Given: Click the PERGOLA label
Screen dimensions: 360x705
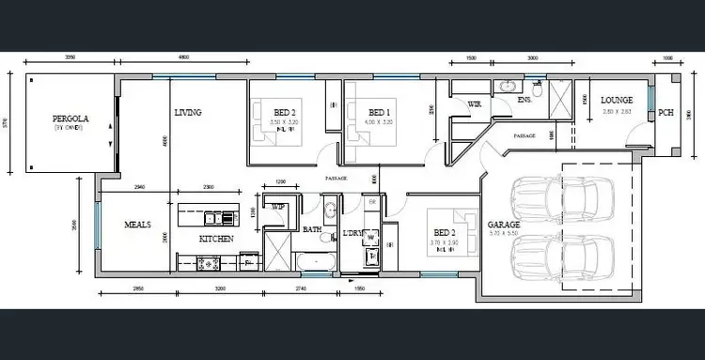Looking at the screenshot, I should [70, 119].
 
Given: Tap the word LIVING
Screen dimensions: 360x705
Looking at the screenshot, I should [189, 113].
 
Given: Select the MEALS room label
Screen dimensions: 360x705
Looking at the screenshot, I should [138, 226].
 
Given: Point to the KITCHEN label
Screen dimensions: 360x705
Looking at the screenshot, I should [215, 239].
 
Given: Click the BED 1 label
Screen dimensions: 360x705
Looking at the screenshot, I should [380, 112].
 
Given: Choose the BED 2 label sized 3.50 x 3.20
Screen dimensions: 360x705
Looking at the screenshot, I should [285, 112].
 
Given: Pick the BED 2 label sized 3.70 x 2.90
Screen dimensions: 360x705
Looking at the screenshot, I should [444, 232].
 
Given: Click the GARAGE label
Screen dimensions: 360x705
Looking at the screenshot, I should [504, 226].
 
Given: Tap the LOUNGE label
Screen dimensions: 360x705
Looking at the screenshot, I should [617, 101].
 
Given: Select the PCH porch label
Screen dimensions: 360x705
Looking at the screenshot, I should [666, 113].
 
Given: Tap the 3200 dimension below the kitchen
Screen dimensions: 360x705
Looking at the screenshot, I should [220, 288].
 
